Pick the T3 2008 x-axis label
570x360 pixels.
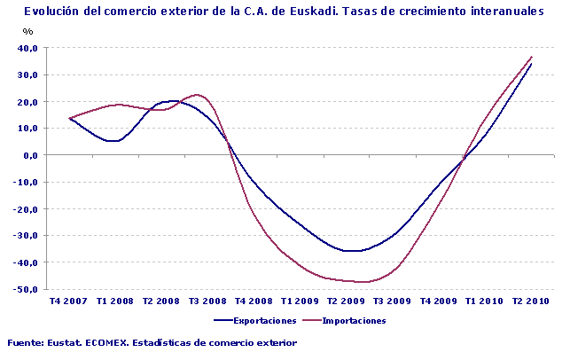208,301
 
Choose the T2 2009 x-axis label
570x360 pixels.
347,301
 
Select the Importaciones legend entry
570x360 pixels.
354,321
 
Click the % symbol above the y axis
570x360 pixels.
27,32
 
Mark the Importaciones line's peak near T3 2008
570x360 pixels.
197,94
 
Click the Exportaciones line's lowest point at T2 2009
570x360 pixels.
353,251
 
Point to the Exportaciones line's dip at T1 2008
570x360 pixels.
114,141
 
